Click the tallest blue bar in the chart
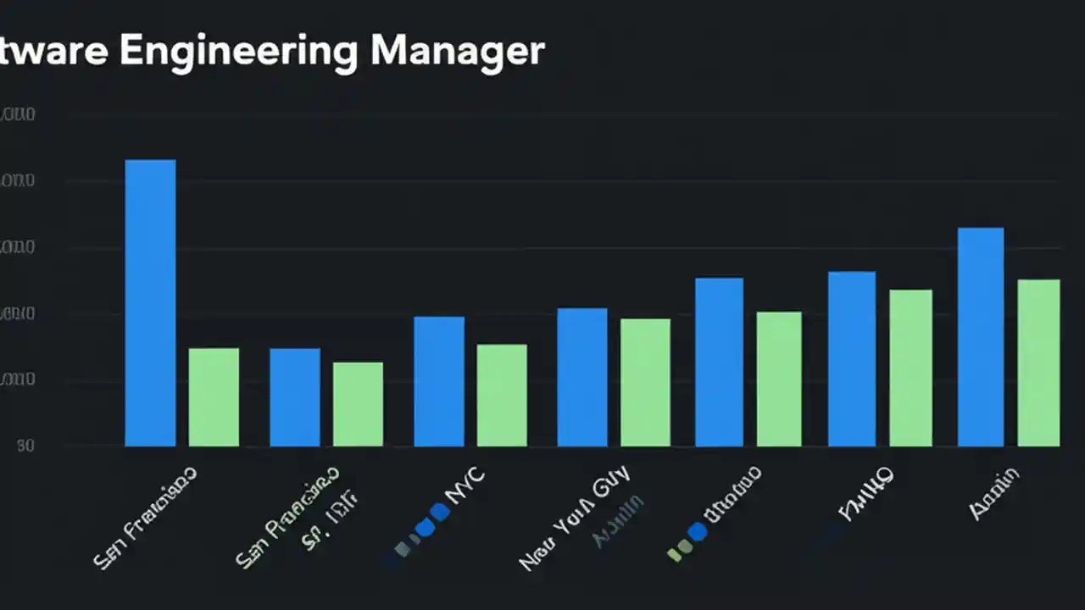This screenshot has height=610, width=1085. click(151, 302)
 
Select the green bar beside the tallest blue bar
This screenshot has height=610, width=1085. click(214, 396)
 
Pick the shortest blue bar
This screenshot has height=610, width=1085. click(295, 396)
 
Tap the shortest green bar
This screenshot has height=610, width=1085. click(358, 404)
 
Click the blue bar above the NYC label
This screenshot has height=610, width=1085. click(439, 381)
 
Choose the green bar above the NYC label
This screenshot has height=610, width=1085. click(502, 395)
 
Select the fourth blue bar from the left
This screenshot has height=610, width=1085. click(582, 377)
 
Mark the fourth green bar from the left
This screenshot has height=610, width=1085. click(645, 382)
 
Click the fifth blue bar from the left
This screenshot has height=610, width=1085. click(719, 362)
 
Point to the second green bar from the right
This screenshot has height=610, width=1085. click(910, 368)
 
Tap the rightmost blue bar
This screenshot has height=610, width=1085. click(981, 336)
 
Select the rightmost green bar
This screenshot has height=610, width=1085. click(1038, 363)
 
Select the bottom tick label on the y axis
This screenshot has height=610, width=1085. click(25, 446)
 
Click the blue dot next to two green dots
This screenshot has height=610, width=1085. click(697, 532)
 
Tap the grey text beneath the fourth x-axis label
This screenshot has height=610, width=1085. click(619, 510)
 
